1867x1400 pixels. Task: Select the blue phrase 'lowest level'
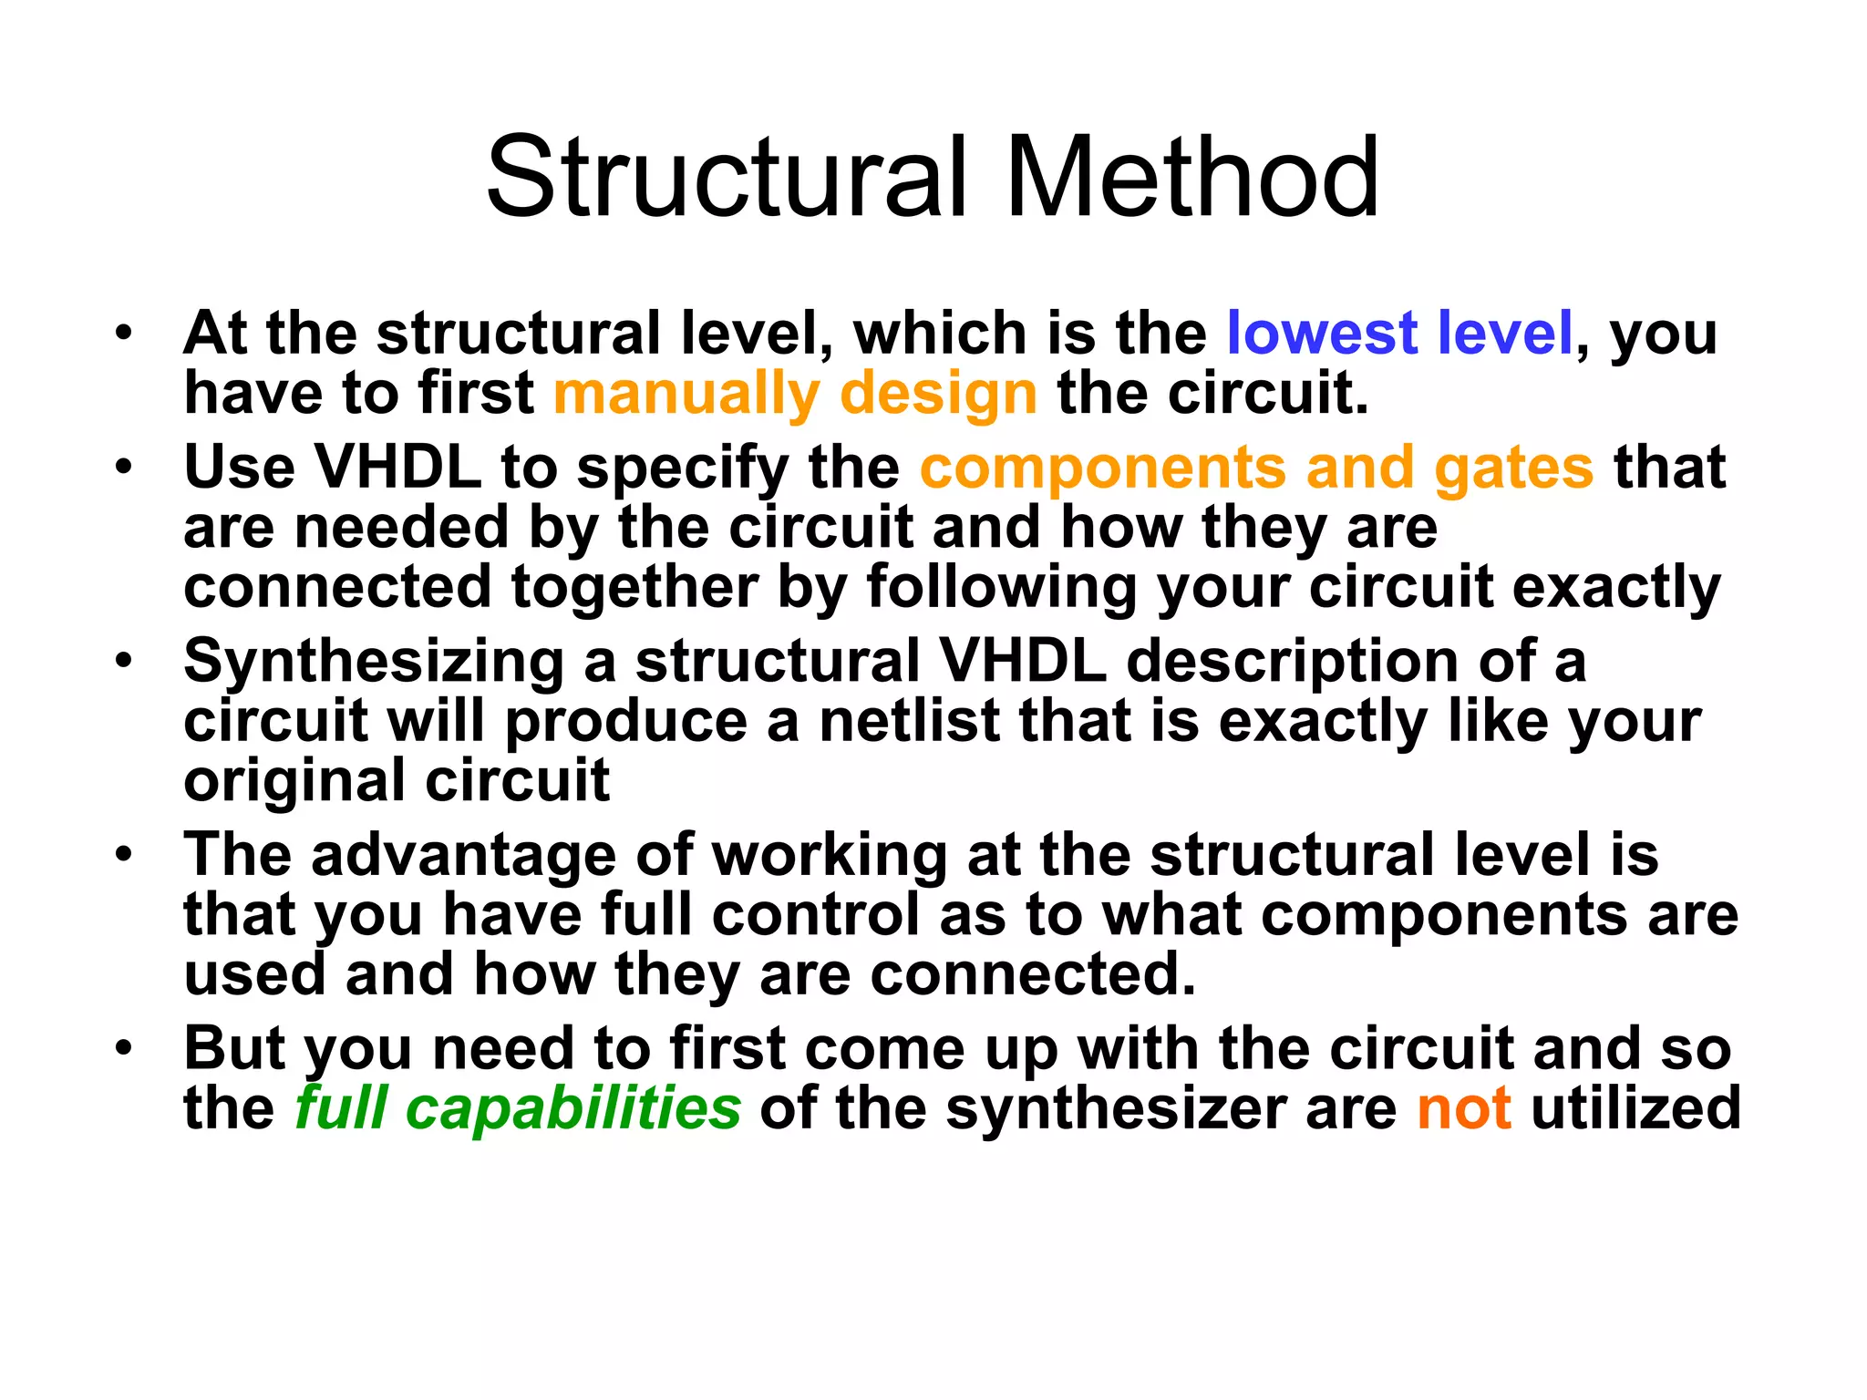point(1399,333)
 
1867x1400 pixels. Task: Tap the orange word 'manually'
point(686,394)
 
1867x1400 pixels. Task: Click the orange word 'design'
point(938,394)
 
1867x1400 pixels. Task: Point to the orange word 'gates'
point(1513,468)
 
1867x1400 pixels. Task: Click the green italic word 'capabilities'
point(572,1108)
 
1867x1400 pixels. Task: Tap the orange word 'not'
point(1464,1108)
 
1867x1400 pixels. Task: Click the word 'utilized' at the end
point(1635,1108)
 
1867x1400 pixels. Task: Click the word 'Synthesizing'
point(374,662)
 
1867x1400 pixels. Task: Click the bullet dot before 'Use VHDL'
point(124,467)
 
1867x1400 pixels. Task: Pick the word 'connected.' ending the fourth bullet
point(1032,975)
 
